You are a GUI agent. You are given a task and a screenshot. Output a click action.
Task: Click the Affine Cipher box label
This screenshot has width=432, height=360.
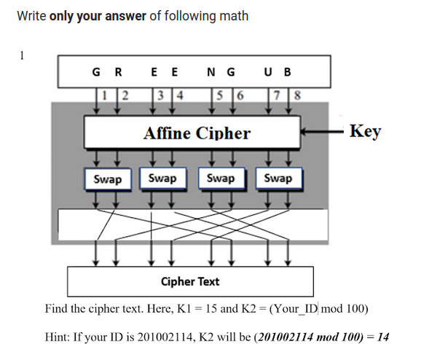coord(197,133)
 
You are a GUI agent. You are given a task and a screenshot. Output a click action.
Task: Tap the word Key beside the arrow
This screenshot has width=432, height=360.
coord(365,131)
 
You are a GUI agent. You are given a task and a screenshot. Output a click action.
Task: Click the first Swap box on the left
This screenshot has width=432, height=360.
coord(108,179)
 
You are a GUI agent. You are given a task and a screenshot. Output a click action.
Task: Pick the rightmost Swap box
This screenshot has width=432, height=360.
coord(278,178)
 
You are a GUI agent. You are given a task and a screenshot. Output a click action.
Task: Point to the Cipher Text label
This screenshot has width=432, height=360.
coord(190,281)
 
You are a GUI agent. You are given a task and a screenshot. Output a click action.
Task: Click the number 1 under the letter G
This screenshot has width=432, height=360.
coord(106,93)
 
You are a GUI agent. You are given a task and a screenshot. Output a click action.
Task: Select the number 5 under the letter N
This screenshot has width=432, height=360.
coord(218,93)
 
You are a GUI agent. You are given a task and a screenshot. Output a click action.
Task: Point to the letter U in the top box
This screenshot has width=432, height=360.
coord(270,72)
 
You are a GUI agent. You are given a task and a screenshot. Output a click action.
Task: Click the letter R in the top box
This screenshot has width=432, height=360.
coord(118,72)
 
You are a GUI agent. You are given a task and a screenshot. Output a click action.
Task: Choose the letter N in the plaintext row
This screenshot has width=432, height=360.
coord(211,72)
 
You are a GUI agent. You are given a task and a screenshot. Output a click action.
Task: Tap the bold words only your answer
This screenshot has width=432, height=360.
coord(98,15)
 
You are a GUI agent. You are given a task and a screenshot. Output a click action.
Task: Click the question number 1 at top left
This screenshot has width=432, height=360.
coord(22,55)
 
